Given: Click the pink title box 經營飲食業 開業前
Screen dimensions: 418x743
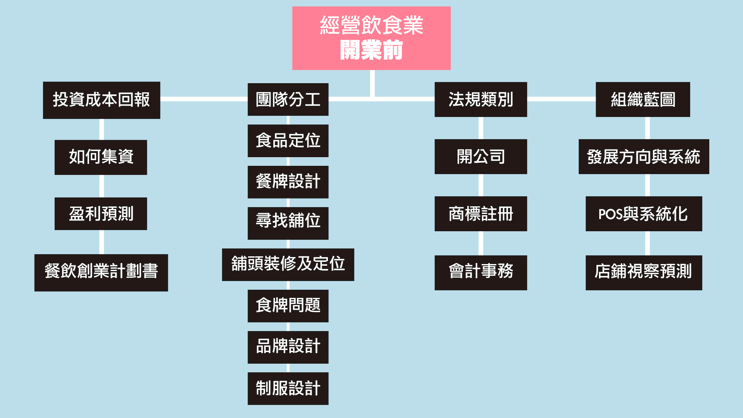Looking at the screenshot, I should (371, 38).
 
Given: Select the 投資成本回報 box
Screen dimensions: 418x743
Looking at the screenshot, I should (101, 100).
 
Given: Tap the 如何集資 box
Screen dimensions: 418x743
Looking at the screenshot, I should (101, 157).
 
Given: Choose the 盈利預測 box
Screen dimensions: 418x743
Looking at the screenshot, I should (101, 214).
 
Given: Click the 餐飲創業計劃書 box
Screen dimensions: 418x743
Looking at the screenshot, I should (101, 272).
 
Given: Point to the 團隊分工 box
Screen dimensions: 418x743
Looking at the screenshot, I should (288, 99).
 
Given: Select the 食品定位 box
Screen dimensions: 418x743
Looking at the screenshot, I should (288, 140).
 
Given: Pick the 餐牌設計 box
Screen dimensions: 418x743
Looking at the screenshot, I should (288, 182).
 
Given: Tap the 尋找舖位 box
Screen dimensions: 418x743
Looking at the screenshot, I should (288, 223).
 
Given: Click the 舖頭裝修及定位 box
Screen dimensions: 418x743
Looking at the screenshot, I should (288, 264).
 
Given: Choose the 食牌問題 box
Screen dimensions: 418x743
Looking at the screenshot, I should (288, 306).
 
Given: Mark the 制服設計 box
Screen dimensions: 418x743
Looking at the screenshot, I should (288, 388).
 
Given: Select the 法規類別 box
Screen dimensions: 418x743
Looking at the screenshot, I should (480, 99).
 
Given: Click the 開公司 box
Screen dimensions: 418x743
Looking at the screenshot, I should (480, 156).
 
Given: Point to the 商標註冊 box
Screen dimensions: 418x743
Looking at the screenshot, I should (480, 214).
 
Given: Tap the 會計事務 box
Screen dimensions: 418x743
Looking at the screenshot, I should (480, 272).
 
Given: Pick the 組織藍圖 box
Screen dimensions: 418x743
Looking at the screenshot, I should (643, 99).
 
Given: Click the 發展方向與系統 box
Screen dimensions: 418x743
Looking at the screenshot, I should (643, 156).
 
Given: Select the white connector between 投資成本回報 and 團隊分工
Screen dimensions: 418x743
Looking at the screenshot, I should (204, 99).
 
